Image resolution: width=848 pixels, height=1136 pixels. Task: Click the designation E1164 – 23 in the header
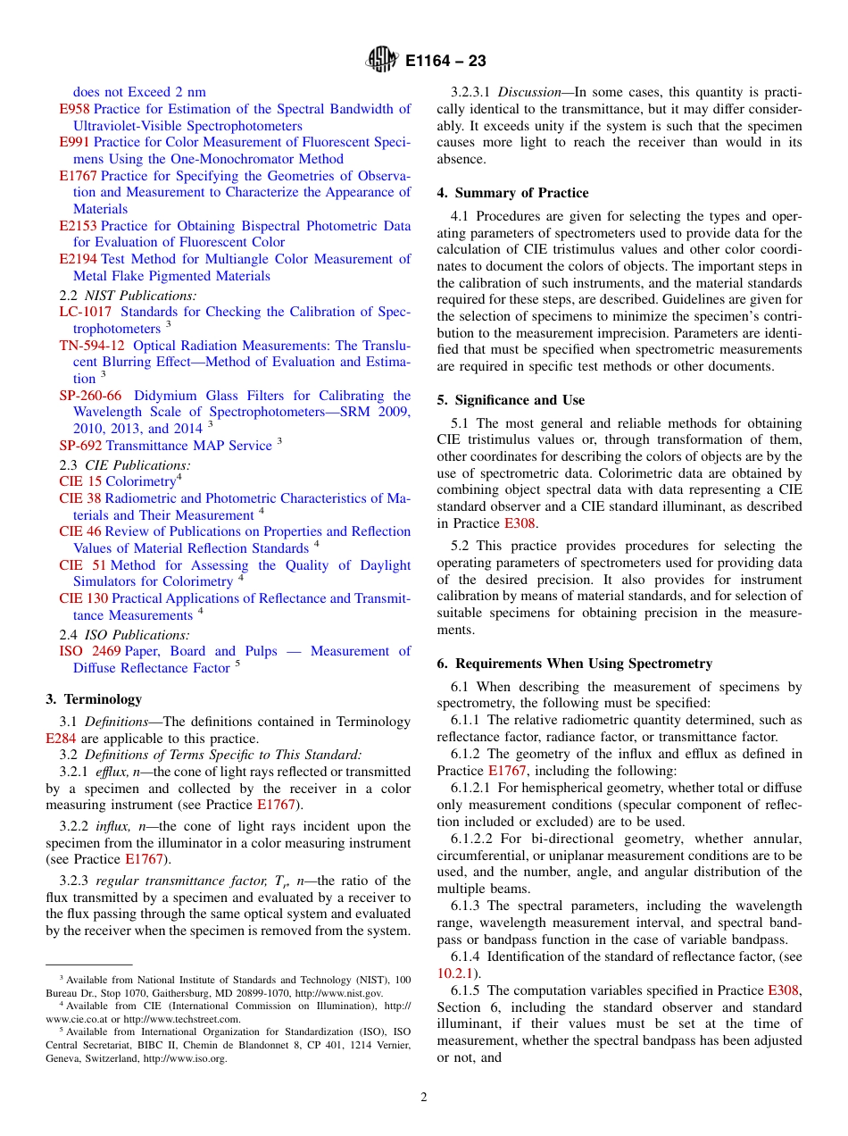(445, 62)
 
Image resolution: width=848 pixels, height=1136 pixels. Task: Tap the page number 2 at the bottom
(424, 1098)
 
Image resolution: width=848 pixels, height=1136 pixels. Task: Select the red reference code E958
(74, 109)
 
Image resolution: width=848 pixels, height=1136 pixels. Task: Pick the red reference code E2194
(79, 259)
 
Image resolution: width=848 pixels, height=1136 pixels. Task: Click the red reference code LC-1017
(86, 312)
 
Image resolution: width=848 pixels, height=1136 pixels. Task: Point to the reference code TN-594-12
(92, 346)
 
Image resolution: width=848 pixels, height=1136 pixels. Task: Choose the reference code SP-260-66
(90, 396)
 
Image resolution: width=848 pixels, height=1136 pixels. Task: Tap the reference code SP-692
(80, 446)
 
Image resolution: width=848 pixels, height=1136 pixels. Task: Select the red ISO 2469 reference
(89, 651)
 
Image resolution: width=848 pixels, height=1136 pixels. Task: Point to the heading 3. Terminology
(94, 699)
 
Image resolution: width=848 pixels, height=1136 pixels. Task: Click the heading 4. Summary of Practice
(512, 193)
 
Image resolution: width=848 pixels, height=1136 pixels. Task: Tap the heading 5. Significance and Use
(511, 400)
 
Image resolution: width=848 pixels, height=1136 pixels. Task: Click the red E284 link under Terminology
(61, 739)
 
